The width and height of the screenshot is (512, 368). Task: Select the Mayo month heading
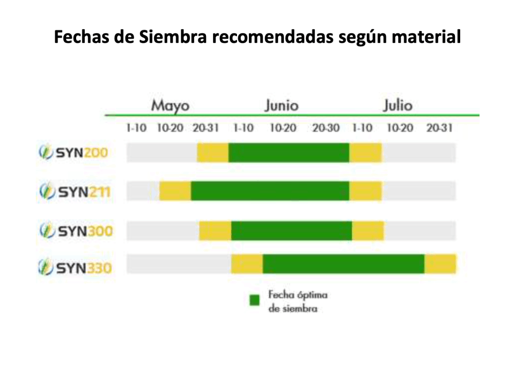pos(170,105)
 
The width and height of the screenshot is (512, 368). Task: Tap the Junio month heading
pos(282,105)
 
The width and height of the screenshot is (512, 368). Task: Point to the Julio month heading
pos(398,105)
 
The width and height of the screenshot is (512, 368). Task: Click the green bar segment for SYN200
pos(289,153)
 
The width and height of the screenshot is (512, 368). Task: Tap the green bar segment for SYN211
pos(270,191)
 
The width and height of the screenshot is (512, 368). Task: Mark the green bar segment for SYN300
pos(291,231)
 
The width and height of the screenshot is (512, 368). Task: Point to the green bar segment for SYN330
pos(343,264)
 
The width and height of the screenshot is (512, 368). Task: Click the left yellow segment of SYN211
pos(175,191)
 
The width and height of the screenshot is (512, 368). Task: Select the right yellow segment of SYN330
pos(440,264)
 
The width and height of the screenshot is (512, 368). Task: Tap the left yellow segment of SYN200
pos(213,153)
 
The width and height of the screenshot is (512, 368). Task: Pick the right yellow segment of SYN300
pos(368,231)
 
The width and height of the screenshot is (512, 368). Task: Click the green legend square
pos(255,300)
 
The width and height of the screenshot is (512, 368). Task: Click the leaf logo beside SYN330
pos(46,268)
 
